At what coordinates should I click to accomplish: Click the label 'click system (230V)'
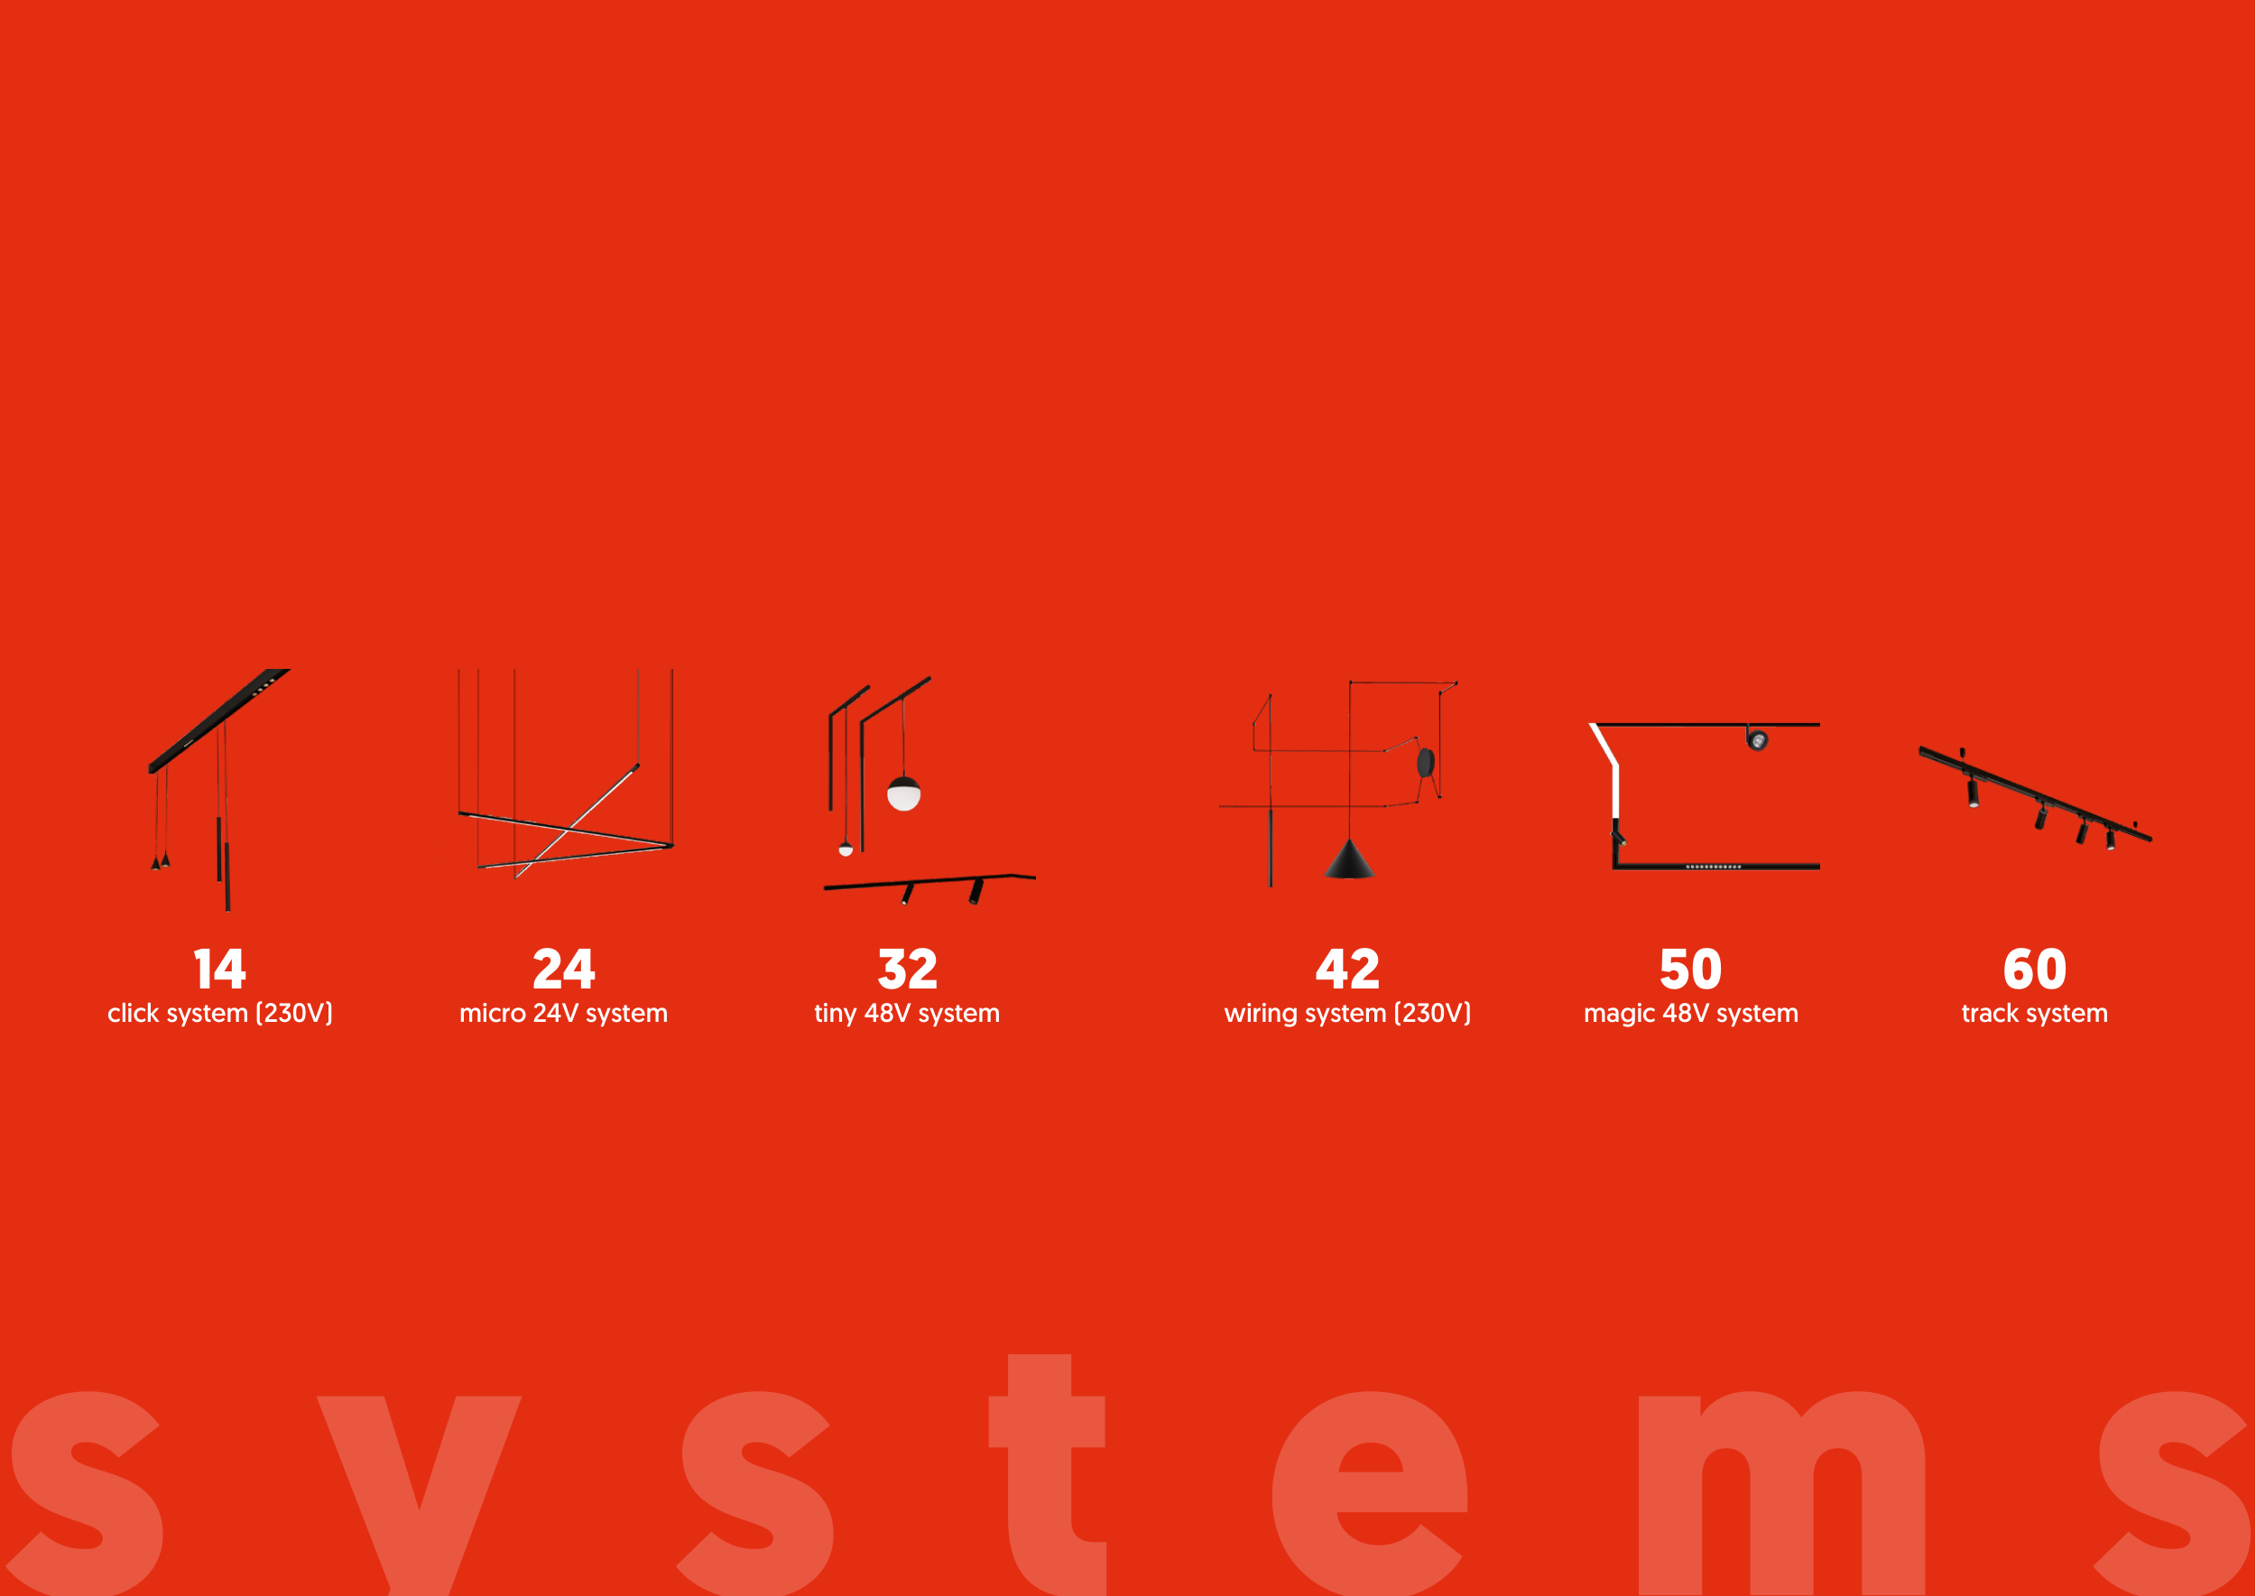pos(220,1013)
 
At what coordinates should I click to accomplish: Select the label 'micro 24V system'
pos(564,1013)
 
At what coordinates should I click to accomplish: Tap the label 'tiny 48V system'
pos(907,1013)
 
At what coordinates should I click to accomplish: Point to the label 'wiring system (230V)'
pos(1347,1013)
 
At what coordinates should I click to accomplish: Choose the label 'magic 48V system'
pos(1691,1013)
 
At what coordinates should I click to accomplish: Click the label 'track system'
pos(2035,1013)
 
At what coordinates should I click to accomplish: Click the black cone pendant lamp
pos(1349,861)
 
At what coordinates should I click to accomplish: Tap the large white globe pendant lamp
pos(904,793)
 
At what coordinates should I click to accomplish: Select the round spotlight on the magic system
pos(1758,740)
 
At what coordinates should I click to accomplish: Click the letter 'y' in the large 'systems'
pos(420,1494)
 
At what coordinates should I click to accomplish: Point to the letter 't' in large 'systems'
pos(1048,1474)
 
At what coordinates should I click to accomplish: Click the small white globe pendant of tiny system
pos(846,849)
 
